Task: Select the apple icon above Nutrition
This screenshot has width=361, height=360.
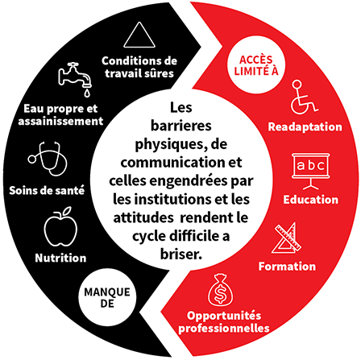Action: point(61,227)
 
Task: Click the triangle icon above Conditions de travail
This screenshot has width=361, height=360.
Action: point(139,35)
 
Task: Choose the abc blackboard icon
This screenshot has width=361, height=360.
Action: point(311,172)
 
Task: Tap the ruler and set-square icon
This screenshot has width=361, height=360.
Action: point(287,238)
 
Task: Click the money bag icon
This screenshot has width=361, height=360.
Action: point(221,290)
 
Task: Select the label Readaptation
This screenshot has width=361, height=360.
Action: point(305,126)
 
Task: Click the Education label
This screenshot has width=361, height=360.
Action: point(311,200)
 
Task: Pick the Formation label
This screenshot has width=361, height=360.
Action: point(287,267)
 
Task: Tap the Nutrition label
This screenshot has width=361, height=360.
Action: point(60,258)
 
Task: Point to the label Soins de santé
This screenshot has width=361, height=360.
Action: point(47,190)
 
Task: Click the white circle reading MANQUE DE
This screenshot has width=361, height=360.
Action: point(107,297)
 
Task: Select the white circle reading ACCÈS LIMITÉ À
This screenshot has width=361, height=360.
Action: point(256,65)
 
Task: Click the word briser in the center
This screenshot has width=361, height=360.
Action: point(180,254)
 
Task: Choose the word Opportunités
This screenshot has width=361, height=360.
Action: point(224,316)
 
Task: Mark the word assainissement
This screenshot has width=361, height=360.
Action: point(60,121)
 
